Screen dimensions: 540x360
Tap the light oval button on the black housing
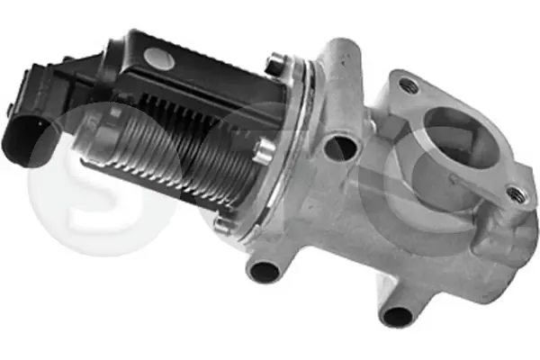[x=159, y=57]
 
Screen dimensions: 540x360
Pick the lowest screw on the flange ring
[x=223, y=224]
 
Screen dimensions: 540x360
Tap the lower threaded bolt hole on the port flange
[x=517, y=195]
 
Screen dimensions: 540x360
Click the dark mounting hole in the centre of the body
[x=341, y=148]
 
